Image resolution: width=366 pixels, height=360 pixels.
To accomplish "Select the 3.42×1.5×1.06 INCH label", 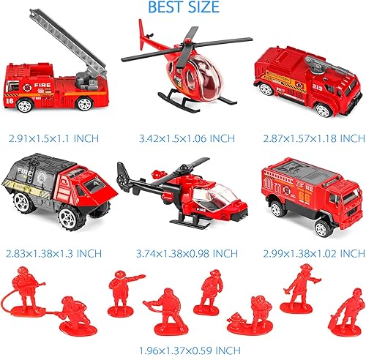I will (183, 137).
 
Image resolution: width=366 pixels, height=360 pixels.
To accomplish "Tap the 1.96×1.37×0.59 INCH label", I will (183, 348).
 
